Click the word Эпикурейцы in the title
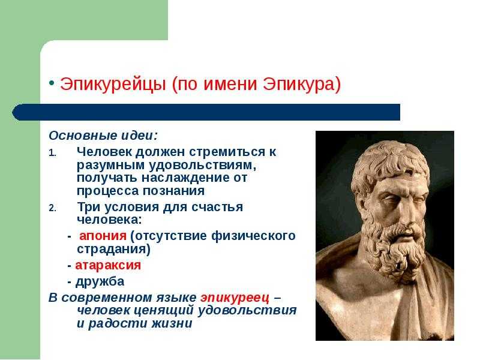(113, 84)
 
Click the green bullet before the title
(52, 83)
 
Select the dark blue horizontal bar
(206, 112)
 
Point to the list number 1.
(52, 153)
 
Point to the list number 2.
(52, 208)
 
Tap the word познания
(173, 191)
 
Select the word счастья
(217, 208)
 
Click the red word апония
(103, 236)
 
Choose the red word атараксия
(108, 265)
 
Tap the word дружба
(100, 281)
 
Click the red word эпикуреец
(235, 298)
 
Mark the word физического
(253, 236)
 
